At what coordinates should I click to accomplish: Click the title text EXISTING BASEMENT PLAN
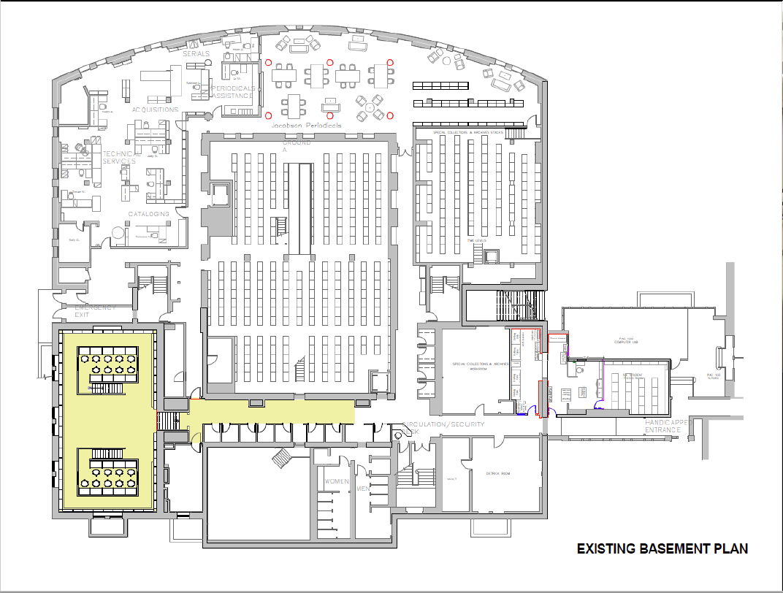point(662,548)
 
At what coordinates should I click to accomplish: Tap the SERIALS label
point(196,54)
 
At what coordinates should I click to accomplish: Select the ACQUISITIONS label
point(155,110)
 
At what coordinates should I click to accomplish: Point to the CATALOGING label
point(149,214)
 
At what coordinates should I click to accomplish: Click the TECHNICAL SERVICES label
point(119,158)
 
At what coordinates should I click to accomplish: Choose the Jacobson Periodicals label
point(306,126)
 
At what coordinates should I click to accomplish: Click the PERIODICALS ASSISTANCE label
point(232,92)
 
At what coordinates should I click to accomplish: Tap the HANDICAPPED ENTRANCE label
point(673,426)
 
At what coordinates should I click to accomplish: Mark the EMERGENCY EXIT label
point(96,311)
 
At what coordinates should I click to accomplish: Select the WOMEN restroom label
point(337,481)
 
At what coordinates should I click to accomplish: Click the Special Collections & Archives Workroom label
point(469,367)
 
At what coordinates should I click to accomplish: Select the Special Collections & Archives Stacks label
point(468,132)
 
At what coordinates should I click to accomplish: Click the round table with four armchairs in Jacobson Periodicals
point(370,108)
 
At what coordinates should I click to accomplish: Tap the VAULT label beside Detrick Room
point(451,479)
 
